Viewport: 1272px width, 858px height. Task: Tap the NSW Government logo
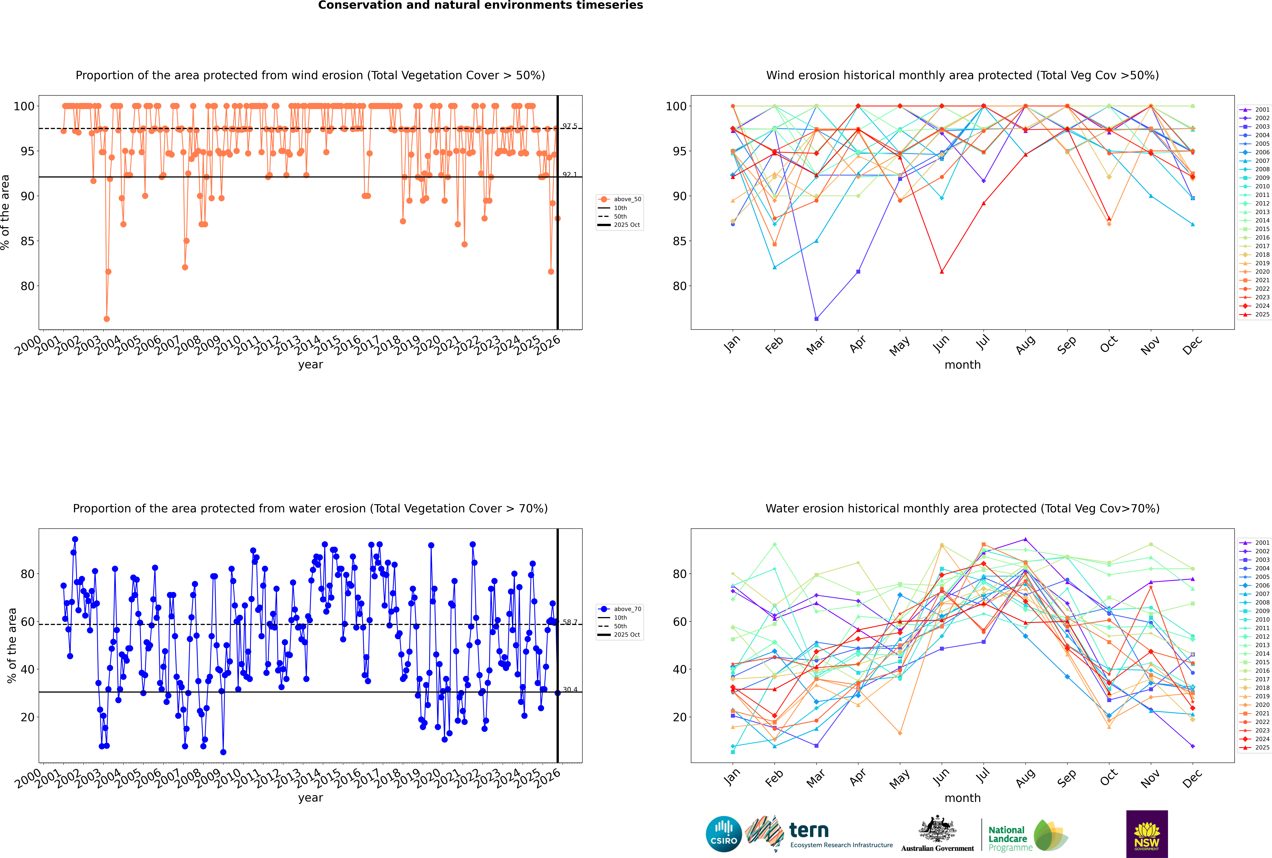(1147, 833)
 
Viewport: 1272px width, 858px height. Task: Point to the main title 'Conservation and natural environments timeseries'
(480, 5)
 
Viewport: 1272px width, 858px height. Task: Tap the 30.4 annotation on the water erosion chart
(570, 689)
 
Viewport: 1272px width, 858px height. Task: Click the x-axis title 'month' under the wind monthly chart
(962, 365)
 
